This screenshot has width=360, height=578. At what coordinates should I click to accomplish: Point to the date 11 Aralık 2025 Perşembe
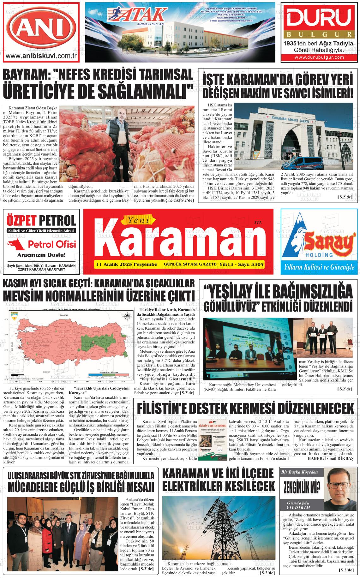coord(126,264)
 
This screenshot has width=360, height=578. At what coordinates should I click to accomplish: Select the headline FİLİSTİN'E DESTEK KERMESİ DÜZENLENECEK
coord(246,408)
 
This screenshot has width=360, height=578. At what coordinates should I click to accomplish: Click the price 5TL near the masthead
coord(258,223)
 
